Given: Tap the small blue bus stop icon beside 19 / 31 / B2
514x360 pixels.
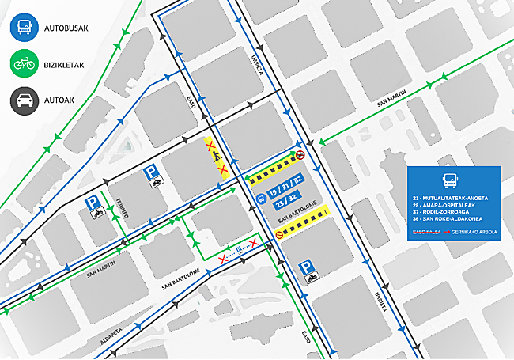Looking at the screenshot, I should (x=261, y=199).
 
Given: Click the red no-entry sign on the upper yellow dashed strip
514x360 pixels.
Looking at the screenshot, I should (x=300, y=156).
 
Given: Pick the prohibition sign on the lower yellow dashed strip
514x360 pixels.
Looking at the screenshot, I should (x=281, y=233).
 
